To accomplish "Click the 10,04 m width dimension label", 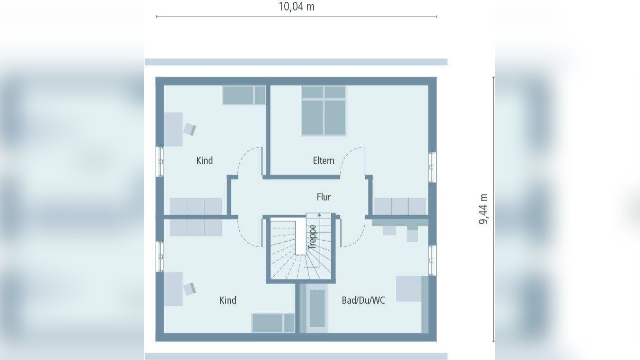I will tap(296, 7).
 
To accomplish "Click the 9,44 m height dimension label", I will tap(483, 209).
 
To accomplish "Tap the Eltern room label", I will tap(324, 160).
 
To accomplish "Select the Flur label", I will tap(324, 197).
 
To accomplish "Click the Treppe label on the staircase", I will tap(312, 237).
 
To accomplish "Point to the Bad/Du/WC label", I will tap(363, 300).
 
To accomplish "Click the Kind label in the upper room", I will tap(204, 160).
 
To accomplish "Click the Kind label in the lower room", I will tap(228, 300).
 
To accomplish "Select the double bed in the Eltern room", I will tap(324, 110).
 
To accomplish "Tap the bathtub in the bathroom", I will tap(317, 308).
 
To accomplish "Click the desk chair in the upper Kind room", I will tap(190, 129).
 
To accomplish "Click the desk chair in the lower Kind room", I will tap(190, 289).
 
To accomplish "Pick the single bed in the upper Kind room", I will tap(244, 95).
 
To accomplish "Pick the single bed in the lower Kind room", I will tap(273, 323).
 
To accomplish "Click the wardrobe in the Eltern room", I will tap(400, 207).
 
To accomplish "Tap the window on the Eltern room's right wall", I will tap(431, 167).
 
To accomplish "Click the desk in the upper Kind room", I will tap(173, 129).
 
